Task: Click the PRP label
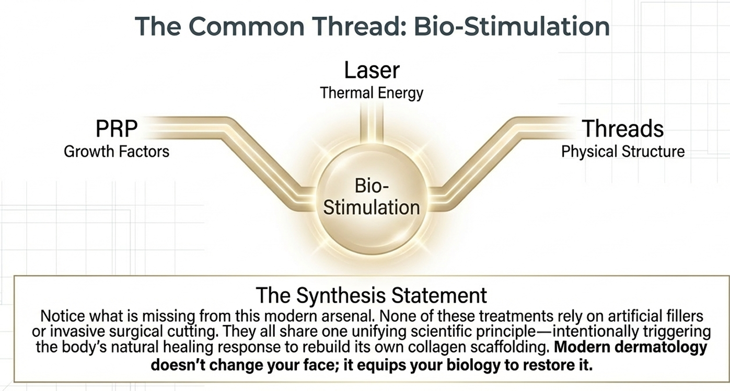coord(116,129)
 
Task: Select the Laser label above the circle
coord(372,70)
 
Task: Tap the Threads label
coord(622,129)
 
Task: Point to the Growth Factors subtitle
coord(117,152)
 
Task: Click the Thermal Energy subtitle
coord(372,93)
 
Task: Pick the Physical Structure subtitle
coord(622,152)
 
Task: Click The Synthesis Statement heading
coord(372,295)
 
